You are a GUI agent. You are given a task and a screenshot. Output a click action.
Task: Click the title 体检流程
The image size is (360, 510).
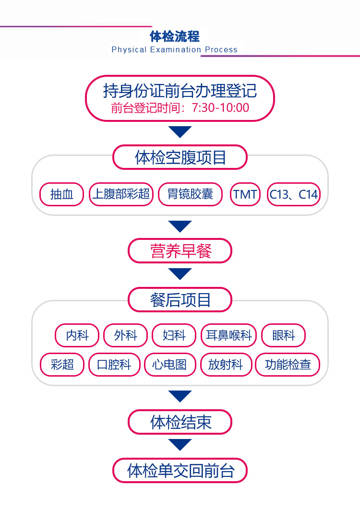174,36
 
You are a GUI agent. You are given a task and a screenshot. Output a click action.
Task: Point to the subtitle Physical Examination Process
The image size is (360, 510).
174,49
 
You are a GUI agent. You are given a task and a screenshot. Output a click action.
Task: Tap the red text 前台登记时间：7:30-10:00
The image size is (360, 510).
180,107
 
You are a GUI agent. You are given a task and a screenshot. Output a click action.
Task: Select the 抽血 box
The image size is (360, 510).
61,194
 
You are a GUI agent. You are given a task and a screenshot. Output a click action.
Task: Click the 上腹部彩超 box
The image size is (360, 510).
121,194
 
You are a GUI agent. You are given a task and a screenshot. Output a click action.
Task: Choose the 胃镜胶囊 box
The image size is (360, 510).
191,194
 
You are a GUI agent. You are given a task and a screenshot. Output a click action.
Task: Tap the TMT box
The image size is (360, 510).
245,194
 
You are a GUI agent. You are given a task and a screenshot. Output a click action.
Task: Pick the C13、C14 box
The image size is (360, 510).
293,194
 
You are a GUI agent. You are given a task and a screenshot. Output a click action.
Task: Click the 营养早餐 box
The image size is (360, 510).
180,250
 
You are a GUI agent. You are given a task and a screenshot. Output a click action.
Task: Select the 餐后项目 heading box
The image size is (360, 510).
180,300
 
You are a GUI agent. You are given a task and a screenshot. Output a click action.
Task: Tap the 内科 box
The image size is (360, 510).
77,335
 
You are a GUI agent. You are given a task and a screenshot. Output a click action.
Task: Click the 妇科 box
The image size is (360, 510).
174,335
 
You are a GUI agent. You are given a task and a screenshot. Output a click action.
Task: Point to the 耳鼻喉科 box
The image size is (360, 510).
228,335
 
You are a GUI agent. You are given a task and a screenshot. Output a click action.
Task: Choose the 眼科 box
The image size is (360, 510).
283,335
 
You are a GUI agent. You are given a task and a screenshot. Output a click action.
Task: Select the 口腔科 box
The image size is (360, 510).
114,365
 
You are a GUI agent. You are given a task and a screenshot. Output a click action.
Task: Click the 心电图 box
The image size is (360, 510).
169,365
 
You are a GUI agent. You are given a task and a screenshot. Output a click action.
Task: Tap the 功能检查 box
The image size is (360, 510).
288,365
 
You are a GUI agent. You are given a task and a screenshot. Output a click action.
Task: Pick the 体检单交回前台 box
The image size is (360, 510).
180,470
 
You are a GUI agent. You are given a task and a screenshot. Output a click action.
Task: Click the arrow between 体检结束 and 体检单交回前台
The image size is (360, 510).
180,444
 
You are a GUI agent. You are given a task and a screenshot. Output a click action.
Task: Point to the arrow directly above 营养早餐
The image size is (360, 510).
180,226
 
